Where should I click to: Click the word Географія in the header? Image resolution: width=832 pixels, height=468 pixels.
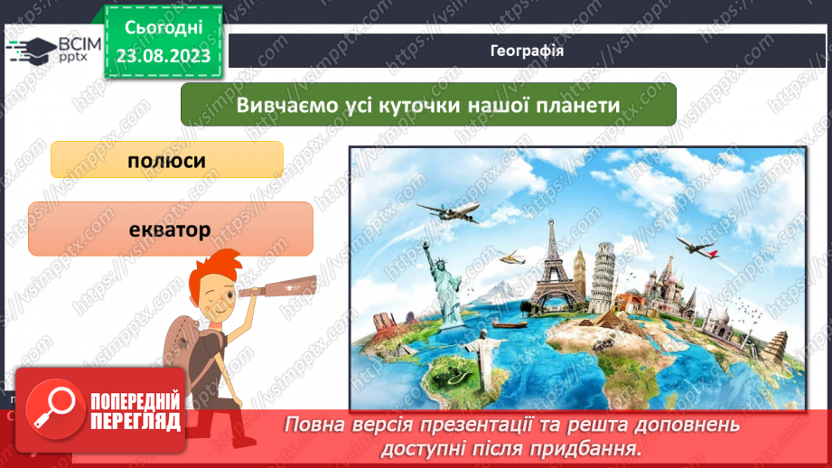pyautogui.click(x=528, y=51)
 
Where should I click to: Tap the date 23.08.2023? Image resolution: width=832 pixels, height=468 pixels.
pyautogui.click(x=164, y=57)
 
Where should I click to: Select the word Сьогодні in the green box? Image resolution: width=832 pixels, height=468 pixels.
pyautogui.click(x=163, y=29)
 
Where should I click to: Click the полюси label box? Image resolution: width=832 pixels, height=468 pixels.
pyautogui.click(x=167, y=160)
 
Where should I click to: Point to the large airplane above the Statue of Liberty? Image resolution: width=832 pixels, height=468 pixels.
pyautogui.click(x=449, y=213)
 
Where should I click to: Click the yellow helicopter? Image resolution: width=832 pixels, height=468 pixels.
pyautogui.click(x=512, y=259)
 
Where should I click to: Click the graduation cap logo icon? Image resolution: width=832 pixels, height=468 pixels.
pyautogui.click(x=33, y=51)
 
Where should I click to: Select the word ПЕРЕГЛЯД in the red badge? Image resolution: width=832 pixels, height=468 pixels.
pyautogui.click(x=136, y=421)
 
